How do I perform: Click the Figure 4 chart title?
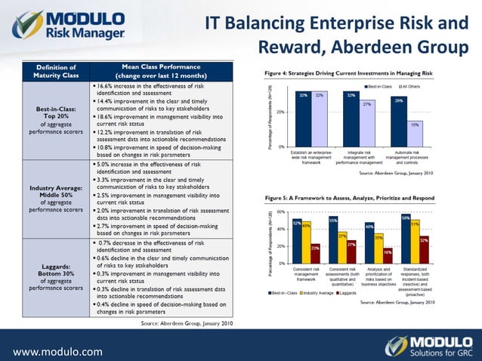(348, 73)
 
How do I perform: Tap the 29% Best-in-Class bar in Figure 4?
(398, 121)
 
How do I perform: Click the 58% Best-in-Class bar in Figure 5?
(406, 240)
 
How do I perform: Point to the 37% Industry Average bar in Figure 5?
(342, 248)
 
